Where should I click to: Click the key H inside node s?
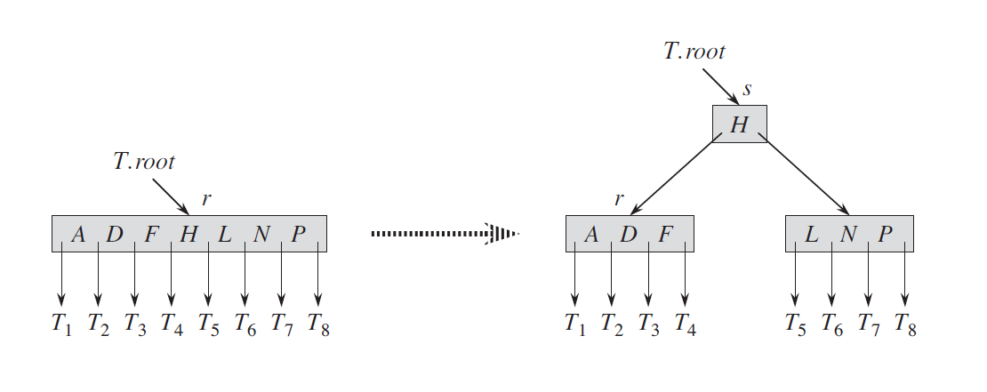point(739,124)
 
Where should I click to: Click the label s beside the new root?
point(747,90)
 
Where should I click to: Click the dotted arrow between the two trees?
point(445,234)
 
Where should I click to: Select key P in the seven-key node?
point(299,234)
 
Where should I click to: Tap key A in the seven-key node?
point(78,234)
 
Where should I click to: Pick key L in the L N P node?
point(811,234)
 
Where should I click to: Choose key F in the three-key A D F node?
point(665,234)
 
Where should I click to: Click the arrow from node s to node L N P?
point(804,173)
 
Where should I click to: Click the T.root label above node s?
point(694,51)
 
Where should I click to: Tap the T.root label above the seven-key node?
point(143,162)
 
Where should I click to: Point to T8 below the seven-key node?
point(318,324)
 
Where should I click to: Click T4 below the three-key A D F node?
point(686,324)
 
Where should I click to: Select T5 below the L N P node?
point(795,324)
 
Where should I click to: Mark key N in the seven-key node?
point(261,234)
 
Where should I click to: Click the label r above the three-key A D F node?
point(620,199)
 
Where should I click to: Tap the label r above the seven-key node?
point(205,199)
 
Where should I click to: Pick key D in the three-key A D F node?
point(628,234)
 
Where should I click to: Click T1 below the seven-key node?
point(61,324)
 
